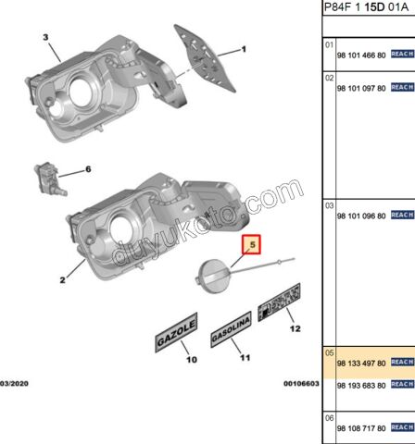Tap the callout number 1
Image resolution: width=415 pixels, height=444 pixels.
pos(245,49)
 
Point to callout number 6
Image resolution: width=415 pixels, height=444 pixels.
pos(88,169)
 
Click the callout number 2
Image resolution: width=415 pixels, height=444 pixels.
pos(63,278)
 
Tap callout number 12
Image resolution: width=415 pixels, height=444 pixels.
pos(295,327)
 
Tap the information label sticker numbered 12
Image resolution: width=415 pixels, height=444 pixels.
pos(277,302)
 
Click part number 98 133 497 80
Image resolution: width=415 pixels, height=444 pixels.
pos(360,364)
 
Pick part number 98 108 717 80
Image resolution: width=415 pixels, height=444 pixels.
pos(360,427)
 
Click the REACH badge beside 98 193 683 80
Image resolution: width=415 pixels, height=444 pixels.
pos(401,385)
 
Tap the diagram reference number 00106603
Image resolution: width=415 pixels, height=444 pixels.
pos(301,382)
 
